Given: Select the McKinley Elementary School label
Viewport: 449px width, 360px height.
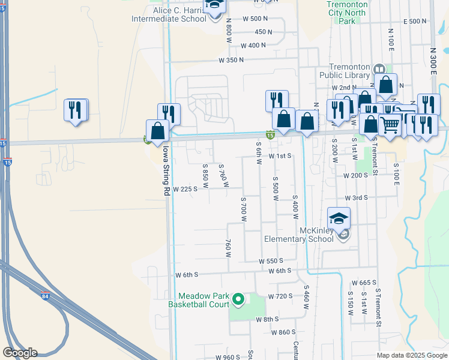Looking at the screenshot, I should coord(299,235).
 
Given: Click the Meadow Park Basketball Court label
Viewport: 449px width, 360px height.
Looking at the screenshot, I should coord(203,300).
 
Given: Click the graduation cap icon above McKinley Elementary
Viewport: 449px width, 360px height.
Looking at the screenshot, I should coord(339,218).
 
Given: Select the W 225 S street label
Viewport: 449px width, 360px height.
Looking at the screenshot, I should coord(185,189).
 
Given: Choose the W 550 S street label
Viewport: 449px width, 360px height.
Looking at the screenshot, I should coord(271,261).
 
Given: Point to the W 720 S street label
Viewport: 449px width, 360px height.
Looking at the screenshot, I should coord(280,296).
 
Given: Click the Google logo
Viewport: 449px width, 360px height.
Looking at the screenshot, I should coord(20,353).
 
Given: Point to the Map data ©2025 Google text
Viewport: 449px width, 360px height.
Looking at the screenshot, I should coord(411,355).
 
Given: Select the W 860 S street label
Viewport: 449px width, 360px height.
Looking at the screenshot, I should coord(283,332).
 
